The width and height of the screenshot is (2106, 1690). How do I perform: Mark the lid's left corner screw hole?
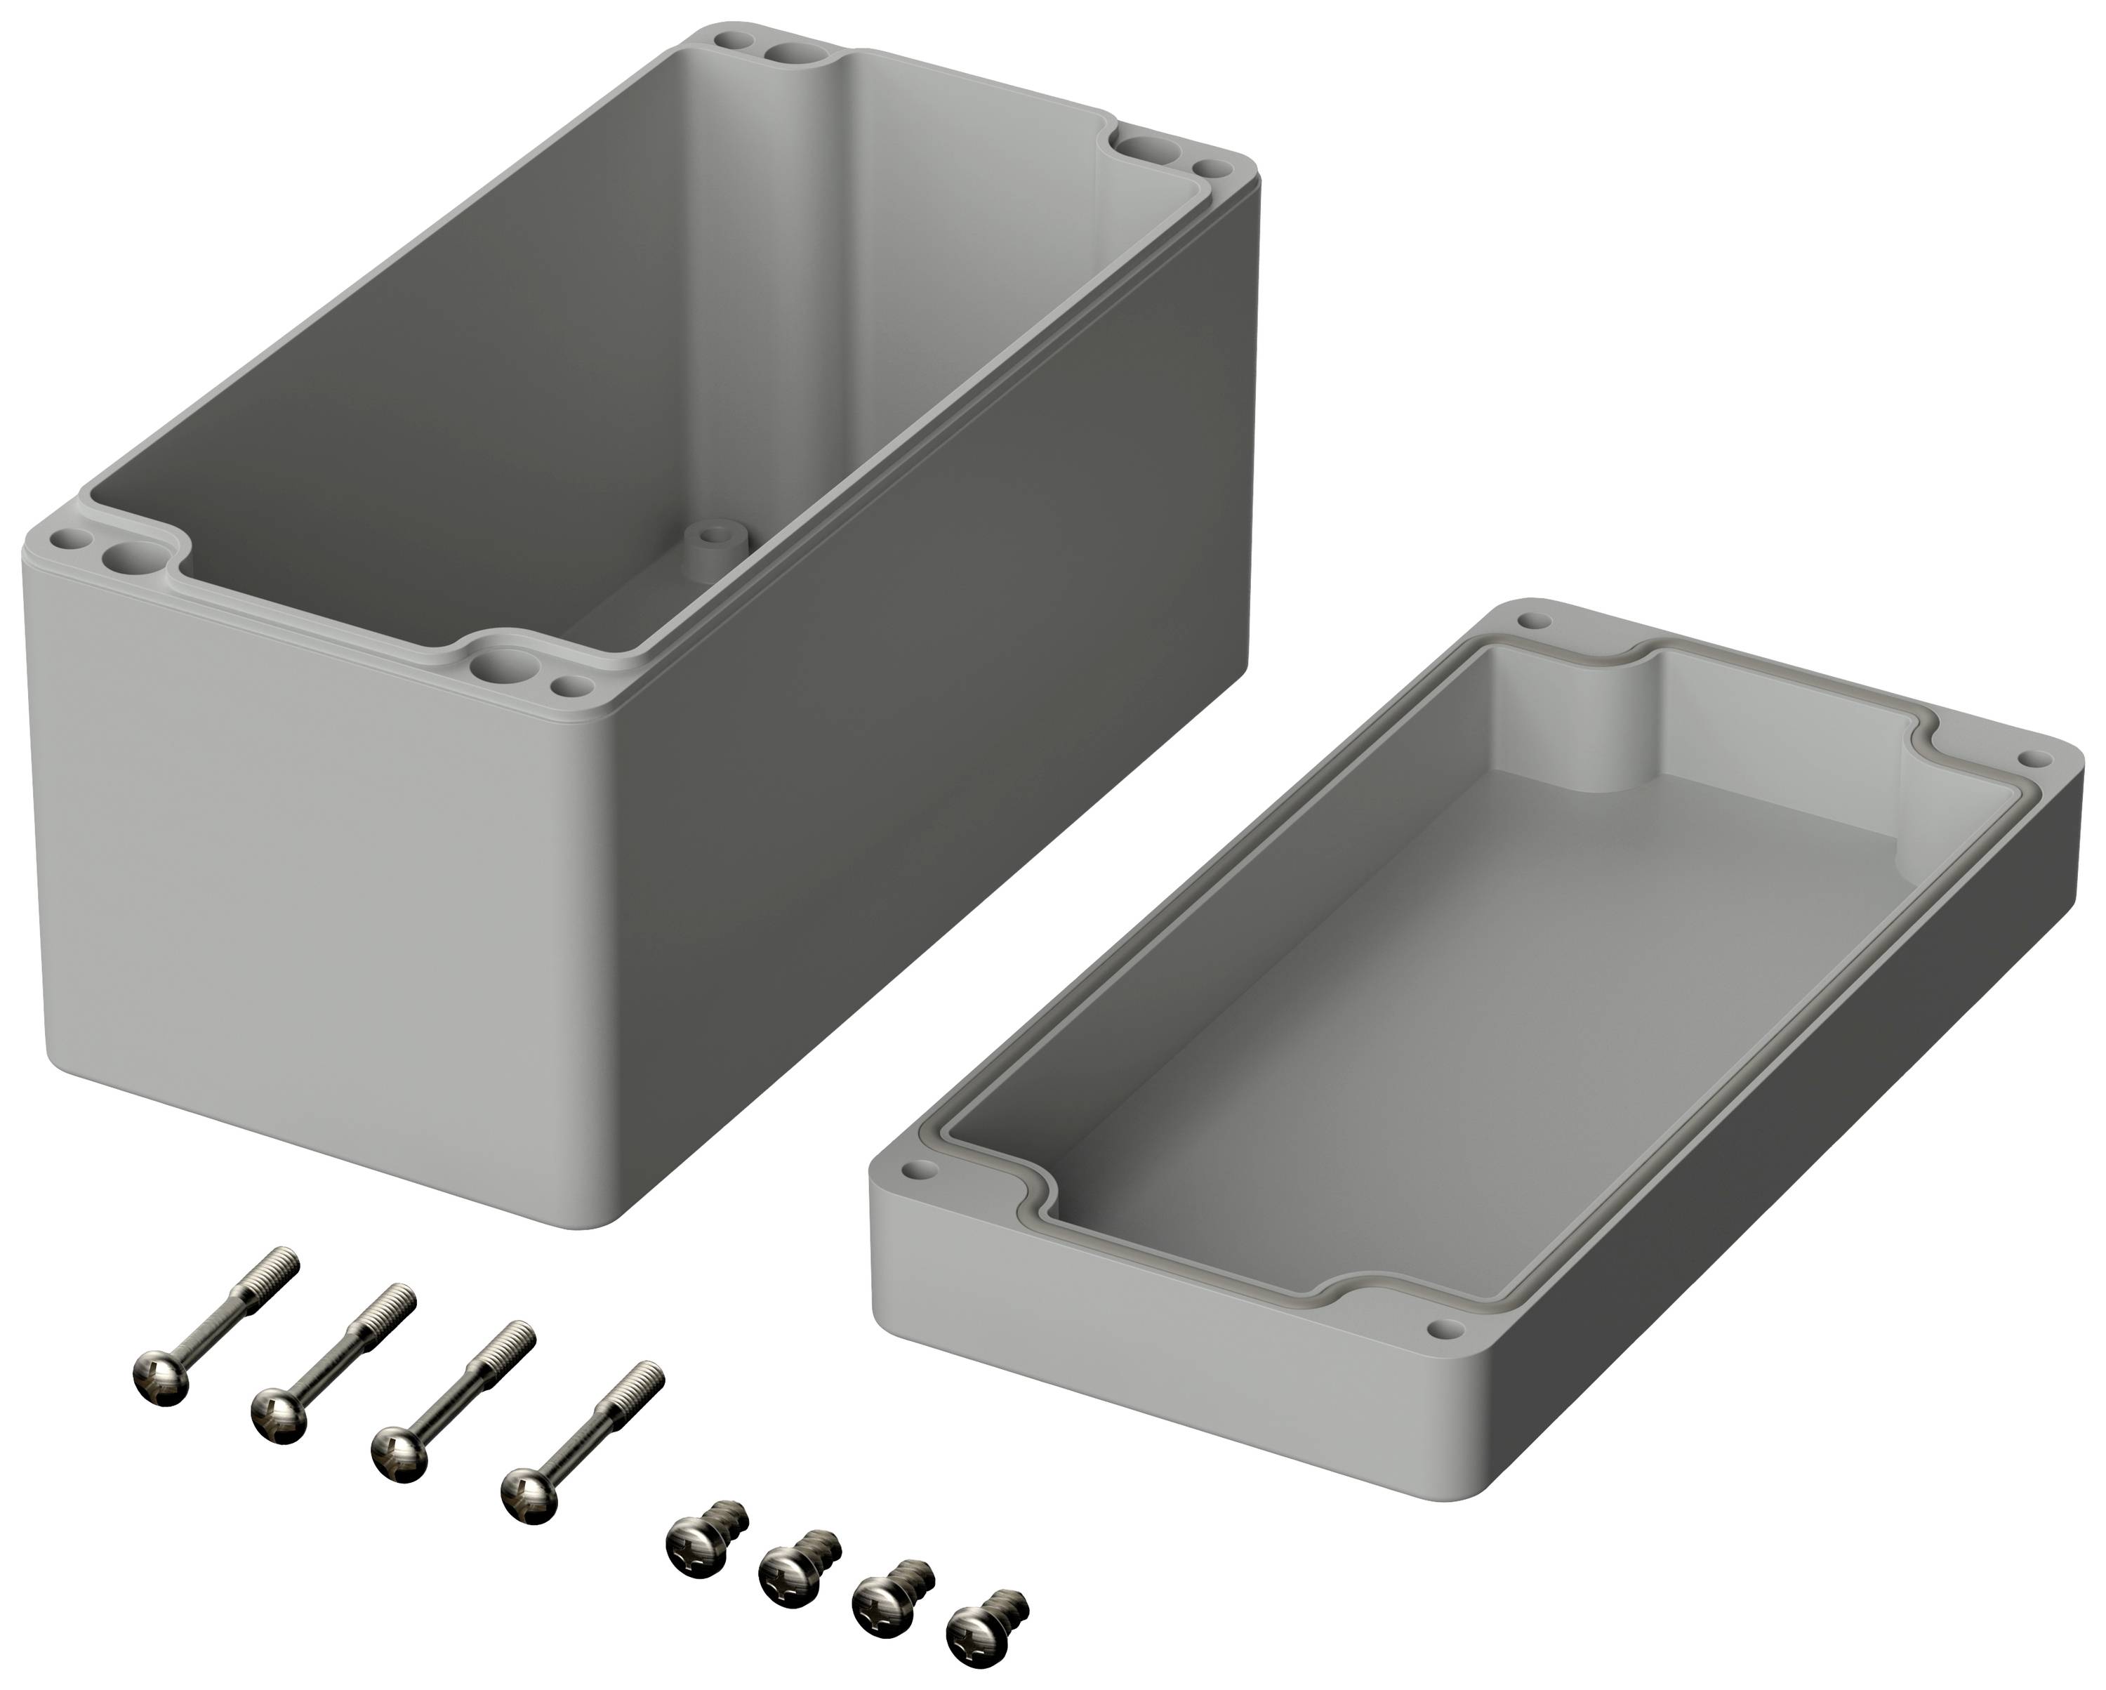918,1168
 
